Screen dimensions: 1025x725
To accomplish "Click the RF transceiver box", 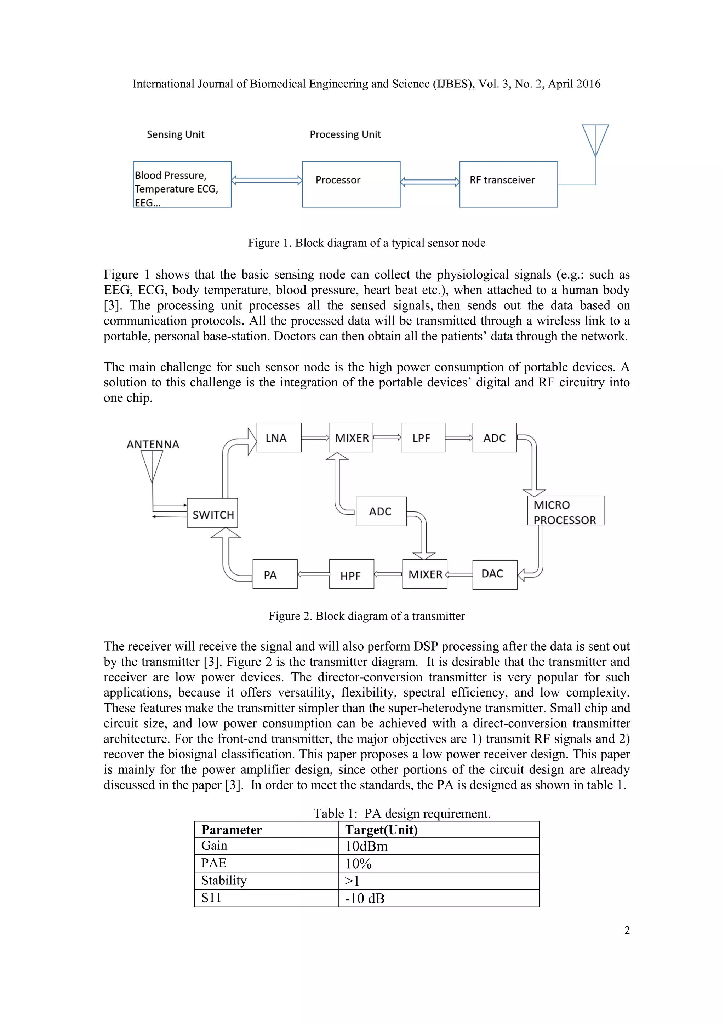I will [508, 184].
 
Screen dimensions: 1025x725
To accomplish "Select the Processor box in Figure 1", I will [351, 184].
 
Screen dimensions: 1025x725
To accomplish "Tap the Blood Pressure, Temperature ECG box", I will [182, 184].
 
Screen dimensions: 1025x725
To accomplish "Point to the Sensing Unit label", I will [176, 134].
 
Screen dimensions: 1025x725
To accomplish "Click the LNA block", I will [279, 437].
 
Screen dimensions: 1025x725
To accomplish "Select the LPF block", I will [423, 437].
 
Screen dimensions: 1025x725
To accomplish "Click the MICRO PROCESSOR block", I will [566, 510].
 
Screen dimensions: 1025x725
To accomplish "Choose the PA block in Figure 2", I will [275, 574].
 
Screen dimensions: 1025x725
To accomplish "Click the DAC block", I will [495, 574].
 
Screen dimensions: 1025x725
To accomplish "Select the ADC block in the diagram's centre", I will [381, 511].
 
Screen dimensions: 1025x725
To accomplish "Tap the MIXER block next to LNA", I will [351, 437].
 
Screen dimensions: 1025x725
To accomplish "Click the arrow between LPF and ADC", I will [459, 438].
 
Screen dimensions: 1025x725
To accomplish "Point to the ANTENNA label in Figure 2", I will [153, 444].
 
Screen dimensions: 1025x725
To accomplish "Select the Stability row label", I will [224, 880].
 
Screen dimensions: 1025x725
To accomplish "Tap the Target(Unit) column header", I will [381, 830].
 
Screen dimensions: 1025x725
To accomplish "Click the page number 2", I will [627, 930].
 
